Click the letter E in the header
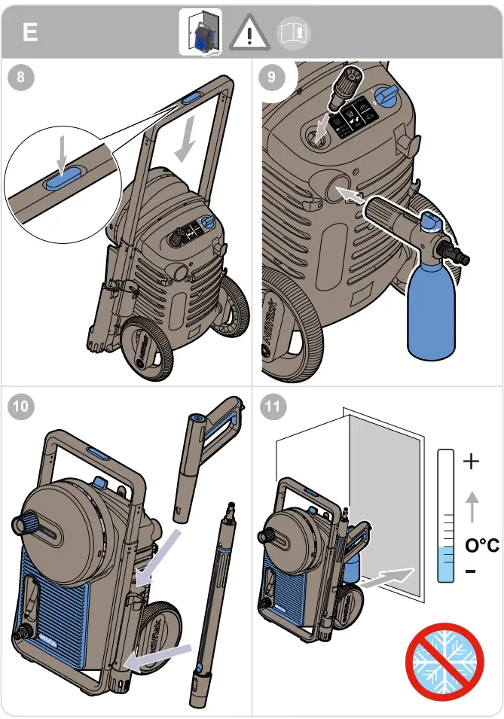(30, 32)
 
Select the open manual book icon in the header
(295, 33)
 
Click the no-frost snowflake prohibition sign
(444, 661)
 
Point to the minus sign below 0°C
(471, 572)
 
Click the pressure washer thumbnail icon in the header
(200, 33)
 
